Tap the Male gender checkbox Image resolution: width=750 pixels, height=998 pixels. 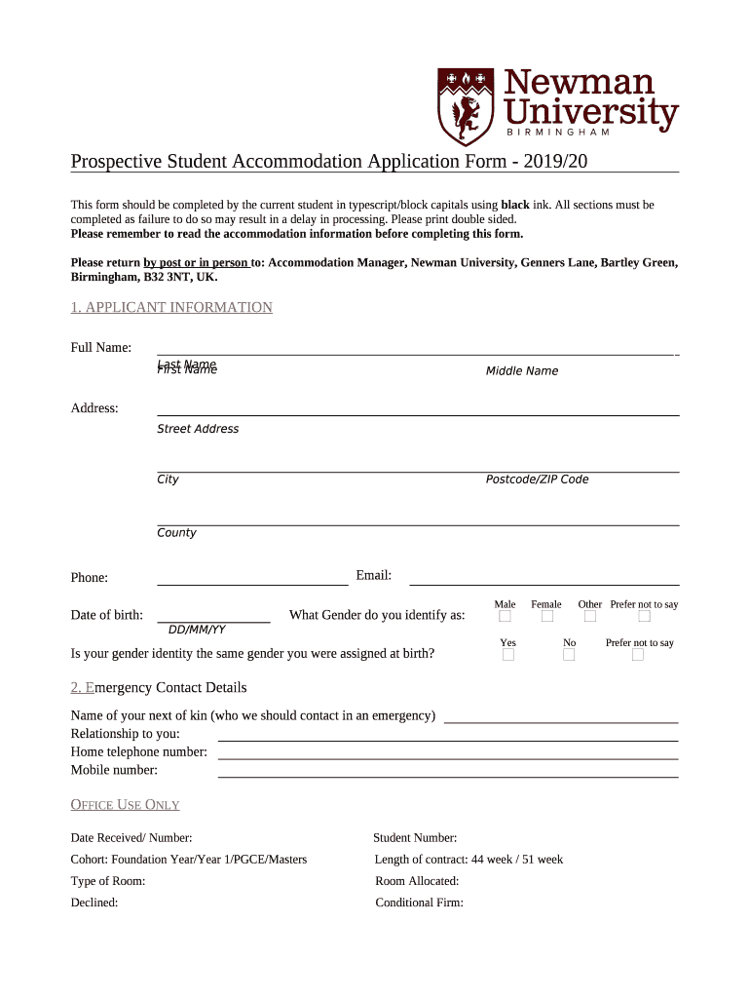(505, 617)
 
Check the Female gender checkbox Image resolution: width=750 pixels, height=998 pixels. (547, 617)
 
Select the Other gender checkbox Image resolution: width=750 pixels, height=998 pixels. (590, 617)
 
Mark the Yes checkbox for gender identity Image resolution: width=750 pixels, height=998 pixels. (507, 655)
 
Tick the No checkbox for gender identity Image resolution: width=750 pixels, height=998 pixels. (569, 655)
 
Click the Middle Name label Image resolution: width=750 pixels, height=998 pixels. (522, 371)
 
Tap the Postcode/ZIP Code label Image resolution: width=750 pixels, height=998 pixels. (537, 480)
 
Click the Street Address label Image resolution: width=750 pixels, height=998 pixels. (198, 429)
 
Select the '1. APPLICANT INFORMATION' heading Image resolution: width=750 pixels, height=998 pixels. (171, 308)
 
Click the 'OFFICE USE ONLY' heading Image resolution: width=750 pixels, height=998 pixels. (125, 805)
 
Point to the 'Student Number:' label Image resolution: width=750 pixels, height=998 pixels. (415, 838)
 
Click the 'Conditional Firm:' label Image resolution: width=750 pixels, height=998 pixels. (419, 902)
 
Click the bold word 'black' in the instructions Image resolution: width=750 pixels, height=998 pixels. (514, 206)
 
